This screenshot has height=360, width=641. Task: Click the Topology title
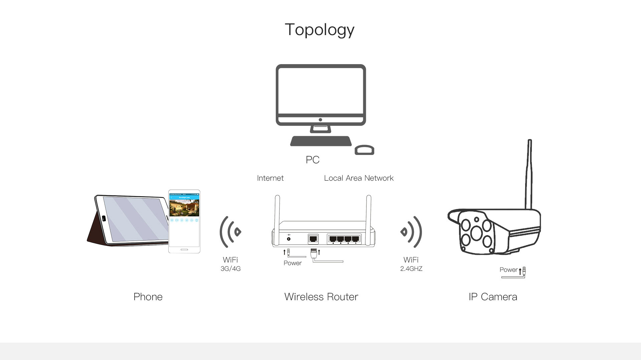click(319, 30)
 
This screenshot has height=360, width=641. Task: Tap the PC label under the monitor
click(312, 160)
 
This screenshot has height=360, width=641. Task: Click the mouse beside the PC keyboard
click(364, 150)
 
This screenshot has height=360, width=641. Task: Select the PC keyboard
click(321, 141)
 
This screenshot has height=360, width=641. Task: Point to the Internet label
click(270, 178)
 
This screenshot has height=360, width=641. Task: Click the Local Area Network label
click(359, 178)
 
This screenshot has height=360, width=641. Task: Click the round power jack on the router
click(289, 239)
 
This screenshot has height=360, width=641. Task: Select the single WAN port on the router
click(313, 239)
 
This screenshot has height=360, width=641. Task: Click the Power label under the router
click(292, 263)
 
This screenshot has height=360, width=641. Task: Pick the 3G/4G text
click(230, 269)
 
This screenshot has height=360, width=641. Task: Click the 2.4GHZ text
click(411, 269)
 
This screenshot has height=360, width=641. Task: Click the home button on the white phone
click(184, 249)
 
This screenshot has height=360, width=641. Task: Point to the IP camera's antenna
click(529, 174)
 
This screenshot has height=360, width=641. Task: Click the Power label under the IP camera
click(508, 270)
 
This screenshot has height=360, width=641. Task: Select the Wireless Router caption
click(321, 297)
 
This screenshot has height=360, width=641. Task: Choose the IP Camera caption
click(493, 297)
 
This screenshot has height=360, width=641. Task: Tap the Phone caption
click(148, 297)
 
